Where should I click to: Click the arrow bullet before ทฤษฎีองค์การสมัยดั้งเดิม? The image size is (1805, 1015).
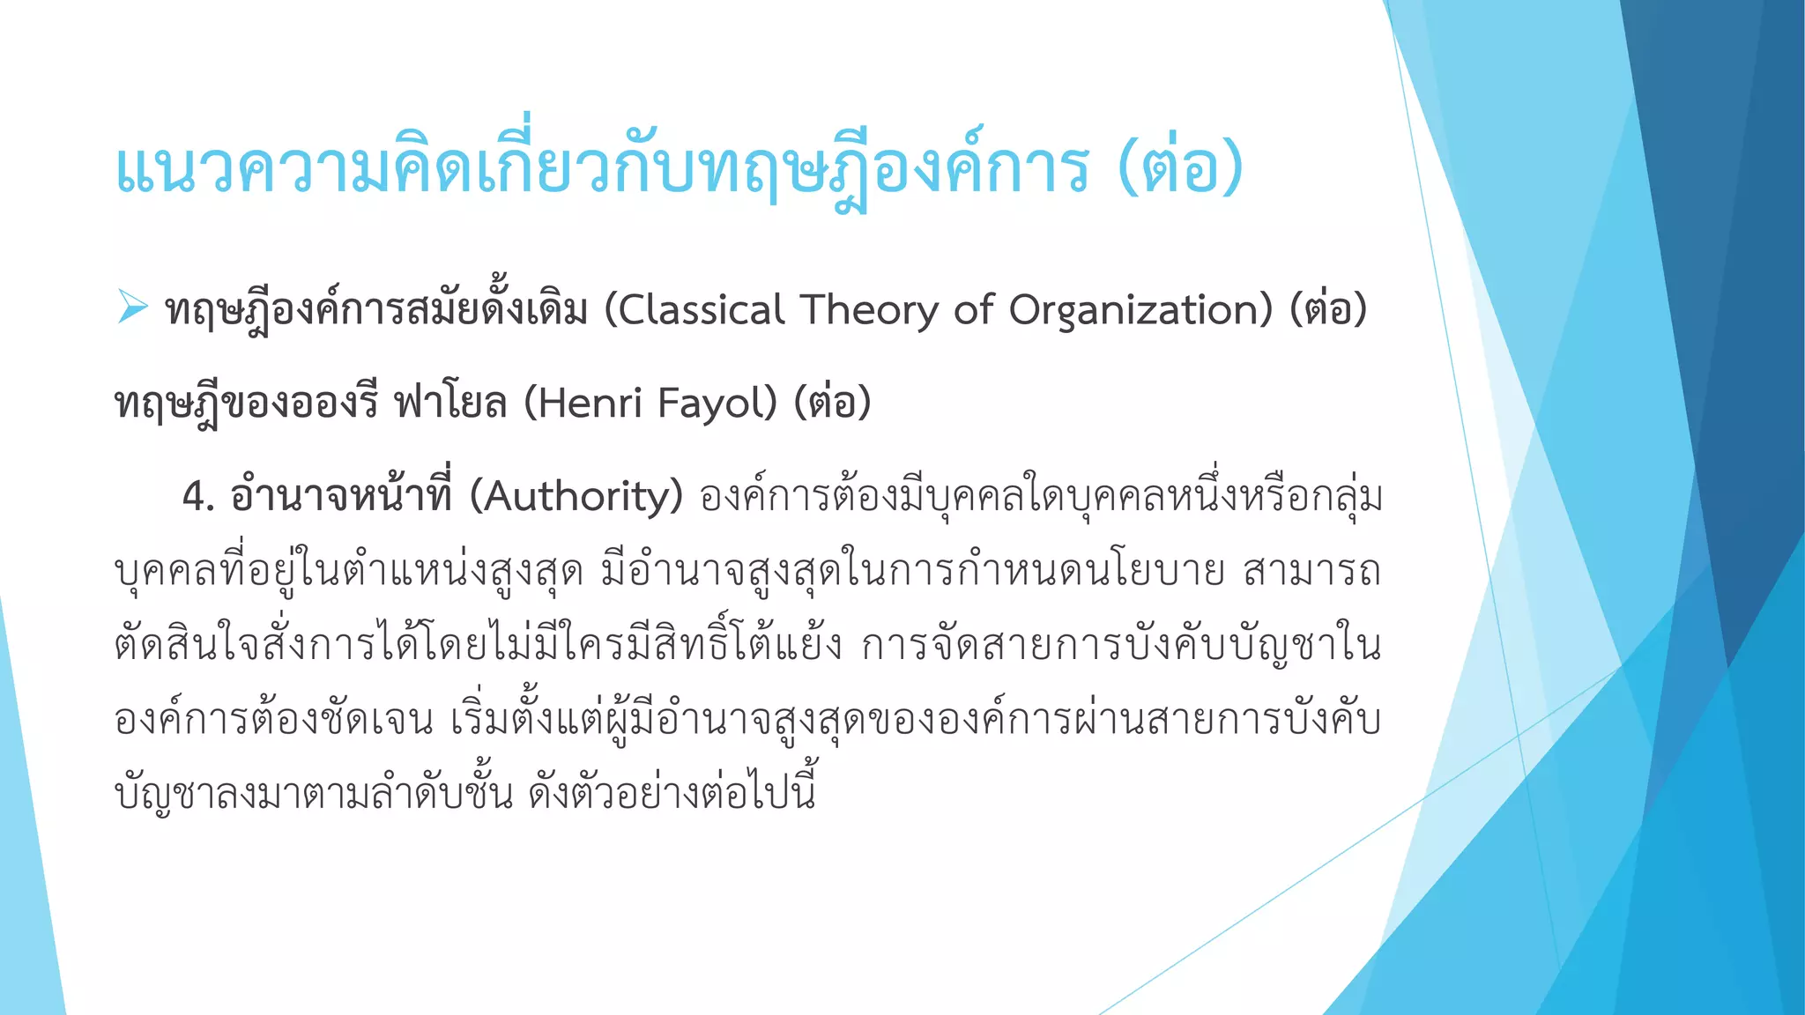pyautogui.click(x=132, y=307)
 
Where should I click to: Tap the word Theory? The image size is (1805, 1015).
pyautogui.click(x=869, y=310)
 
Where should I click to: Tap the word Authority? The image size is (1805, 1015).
pyautogui.click(x=576, y=497)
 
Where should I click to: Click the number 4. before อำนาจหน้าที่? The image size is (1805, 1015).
pyautogui.click(x=198, y=497)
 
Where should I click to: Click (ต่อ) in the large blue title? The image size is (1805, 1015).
pyautogui.click(x=1180, y=169)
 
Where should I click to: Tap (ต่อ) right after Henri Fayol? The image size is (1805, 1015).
pyautogui.click(x=832, y=404)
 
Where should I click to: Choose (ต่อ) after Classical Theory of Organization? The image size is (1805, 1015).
pyautogui.click(x=1327, y=310)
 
